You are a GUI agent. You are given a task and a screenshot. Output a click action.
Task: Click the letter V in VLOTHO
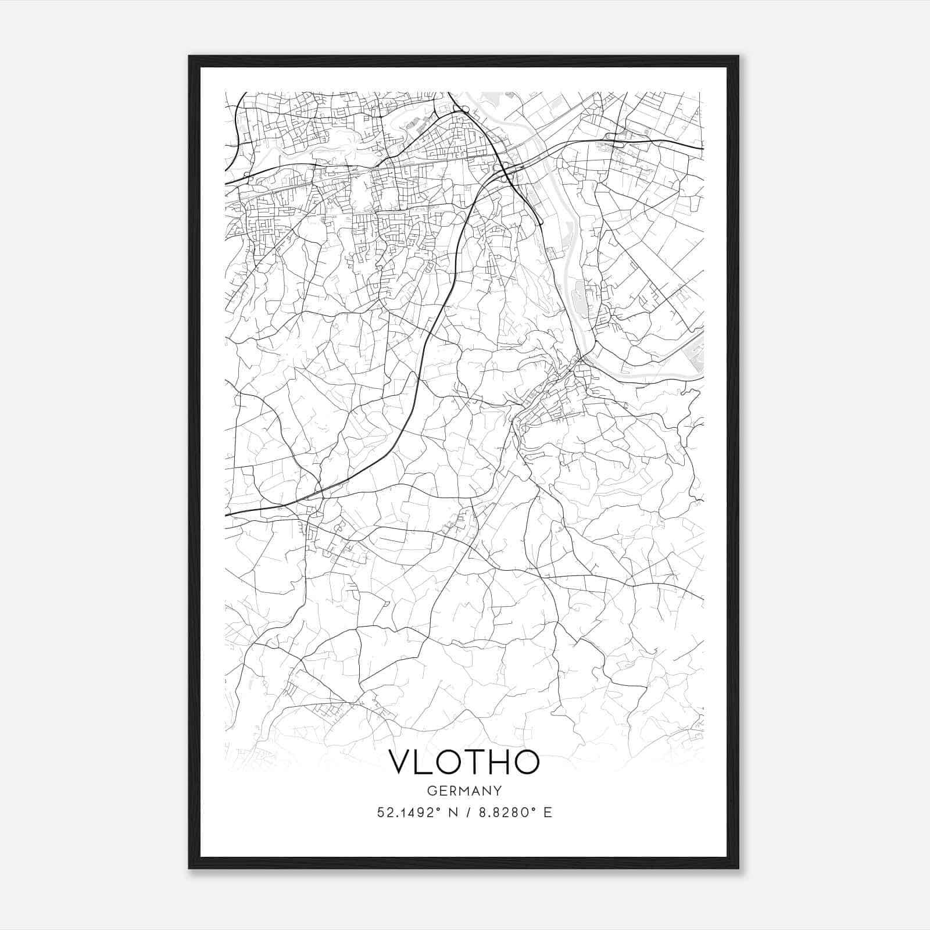point(400,762)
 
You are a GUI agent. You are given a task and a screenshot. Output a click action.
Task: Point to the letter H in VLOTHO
point(500,762)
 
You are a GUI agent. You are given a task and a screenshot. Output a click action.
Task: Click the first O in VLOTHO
point(452,762)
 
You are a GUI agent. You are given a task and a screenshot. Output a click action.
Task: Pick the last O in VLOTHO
point(527,762)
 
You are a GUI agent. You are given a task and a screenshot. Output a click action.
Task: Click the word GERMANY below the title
point(464,791)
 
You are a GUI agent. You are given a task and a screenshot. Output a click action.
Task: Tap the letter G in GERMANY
point(431,791)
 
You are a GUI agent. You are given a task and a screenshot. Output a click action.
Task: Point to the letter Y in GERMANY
point(498,791)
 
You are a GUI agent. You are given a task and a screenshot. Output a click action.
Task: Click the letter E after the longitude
point(547,813)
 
